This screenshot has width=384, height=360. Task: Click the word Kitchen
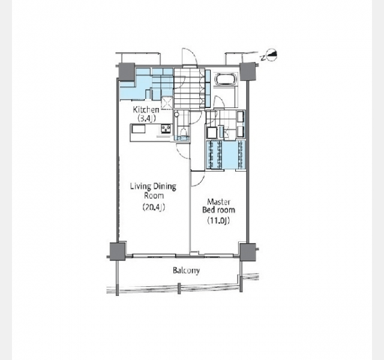pos(146,110)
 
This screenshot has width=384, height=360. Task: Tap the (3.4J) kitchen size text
pos(146,119)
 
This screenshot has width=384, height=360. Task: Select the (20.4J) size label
pos(154,208)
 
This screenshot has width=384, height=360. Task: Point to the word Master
pos(218,202)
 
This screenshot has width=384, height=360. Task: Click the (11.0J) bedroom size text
pos(218,221)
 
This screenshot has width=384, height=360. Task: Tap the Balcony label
pos(186,271)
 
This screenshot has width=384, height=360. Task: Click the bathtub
pos(226,79)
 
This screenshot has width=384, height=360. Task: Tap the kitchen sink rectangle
pos(139,129)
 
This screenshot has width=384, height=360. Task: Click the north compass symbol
pos(271,56)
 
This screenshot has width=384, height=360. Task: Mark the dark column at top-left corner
pos(127,72)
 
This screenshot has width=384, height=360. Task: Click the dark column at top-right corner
pos(248,71)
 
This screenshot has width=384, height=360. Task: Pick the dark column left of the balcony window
pos(118,251)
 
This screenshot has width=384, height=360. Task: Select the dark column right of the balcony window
pos(248,252)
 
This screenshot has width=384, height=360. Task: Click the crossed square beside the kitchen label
pos(167,103)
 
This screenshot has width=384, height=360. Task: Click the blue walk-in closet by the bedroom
pos(226,155)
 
